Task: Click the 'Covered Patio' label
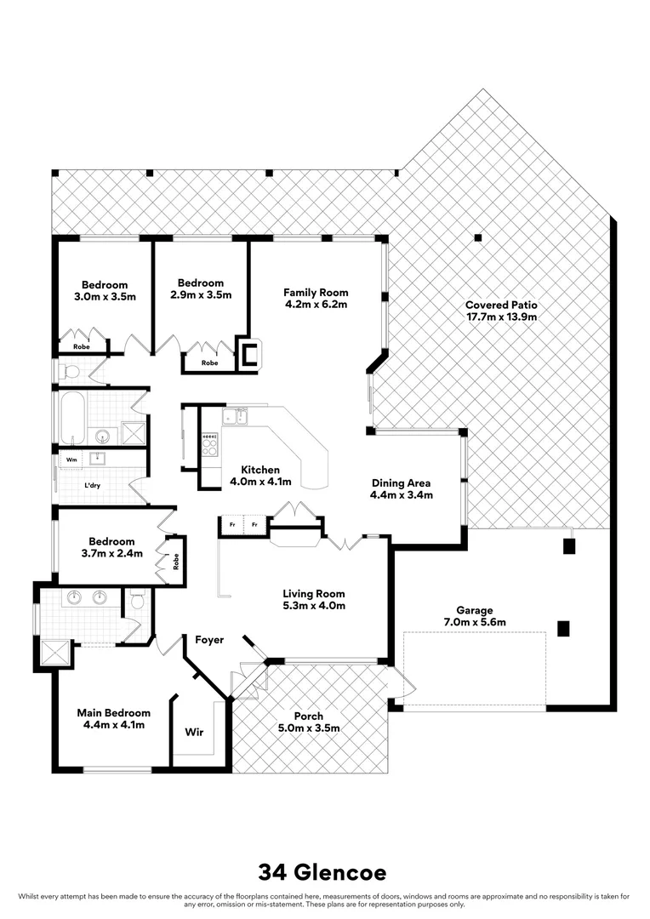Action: click(x=501, y=305)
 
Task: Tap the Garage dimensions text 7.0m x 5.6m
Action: click(x=475, y=622)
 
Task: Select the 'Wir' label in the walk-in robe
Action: click(x=193, y=732)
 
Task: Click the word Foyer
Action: click(x=209, y=640)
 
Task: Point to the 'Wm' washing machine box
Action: click(x=70, y=459)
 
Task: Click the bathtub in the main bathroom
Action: click(x=71, y=417)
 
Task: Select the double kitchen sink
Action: click(x=235, y=416)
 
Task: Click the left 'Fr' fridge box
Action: click(x=231, y=526)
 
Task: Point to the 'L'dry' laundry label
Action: click(x=93, y=485)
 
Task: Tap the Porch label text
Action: click(x=308, y=716)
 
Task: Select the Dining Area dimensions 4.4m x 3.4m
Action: click(x=402, y=494)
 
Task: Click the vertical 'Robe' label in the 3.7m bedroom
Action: click(x=176, y=562)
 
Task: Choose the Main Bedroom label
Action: click(x=113, y=713)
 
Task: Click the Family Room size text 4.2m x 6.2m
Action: click(x=316, y=303)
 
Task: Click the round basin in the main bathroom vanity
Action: click(x=103, y=437)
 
